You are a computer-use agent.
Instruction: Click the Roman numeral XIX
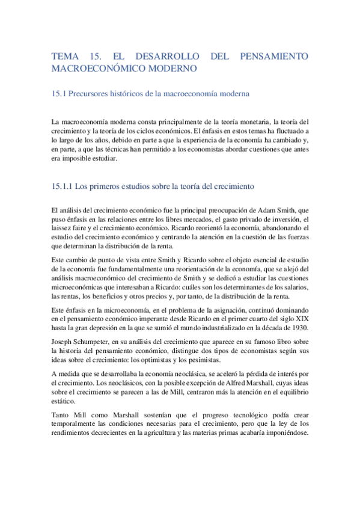tap(299, 318)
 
